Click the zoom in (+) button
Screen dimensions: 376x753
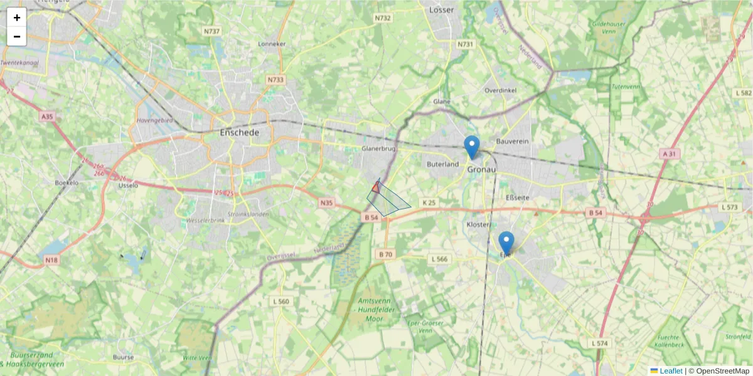(x=17, y=18)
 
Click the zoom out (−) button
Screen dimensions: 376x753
(x=17, y=36)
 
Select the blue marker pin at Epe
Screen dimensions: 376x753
(x=506, y=243)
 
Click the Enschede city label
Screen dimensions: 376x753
(x=240, y=133)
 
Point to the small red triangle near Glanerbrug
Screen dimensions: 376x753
(x=375, y=187)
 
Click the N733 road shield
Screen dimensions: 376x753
(x=275, y=80)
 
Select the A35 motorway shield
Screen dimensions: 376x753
(x=47, y=117)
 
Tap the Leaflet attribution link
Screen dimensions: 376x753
(x=671, y=371)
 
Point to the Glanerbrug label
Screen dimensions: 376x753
(x=378, y=149)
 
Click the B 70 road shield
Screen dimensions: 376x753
(x=385, y=254)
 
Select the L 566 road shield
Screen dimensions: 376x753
(x=439, y=259)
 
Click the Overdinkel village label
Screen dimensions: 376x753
(x=500, y=90)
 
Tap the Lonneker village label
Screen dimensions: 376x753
(x=272, y=44)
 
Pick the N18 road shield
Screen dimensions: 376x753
(x=51, y=259)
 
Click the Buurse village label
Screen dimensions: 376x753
(x=123, y=357)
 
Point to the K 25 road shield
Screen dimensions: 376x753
(x=429, y=202)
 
